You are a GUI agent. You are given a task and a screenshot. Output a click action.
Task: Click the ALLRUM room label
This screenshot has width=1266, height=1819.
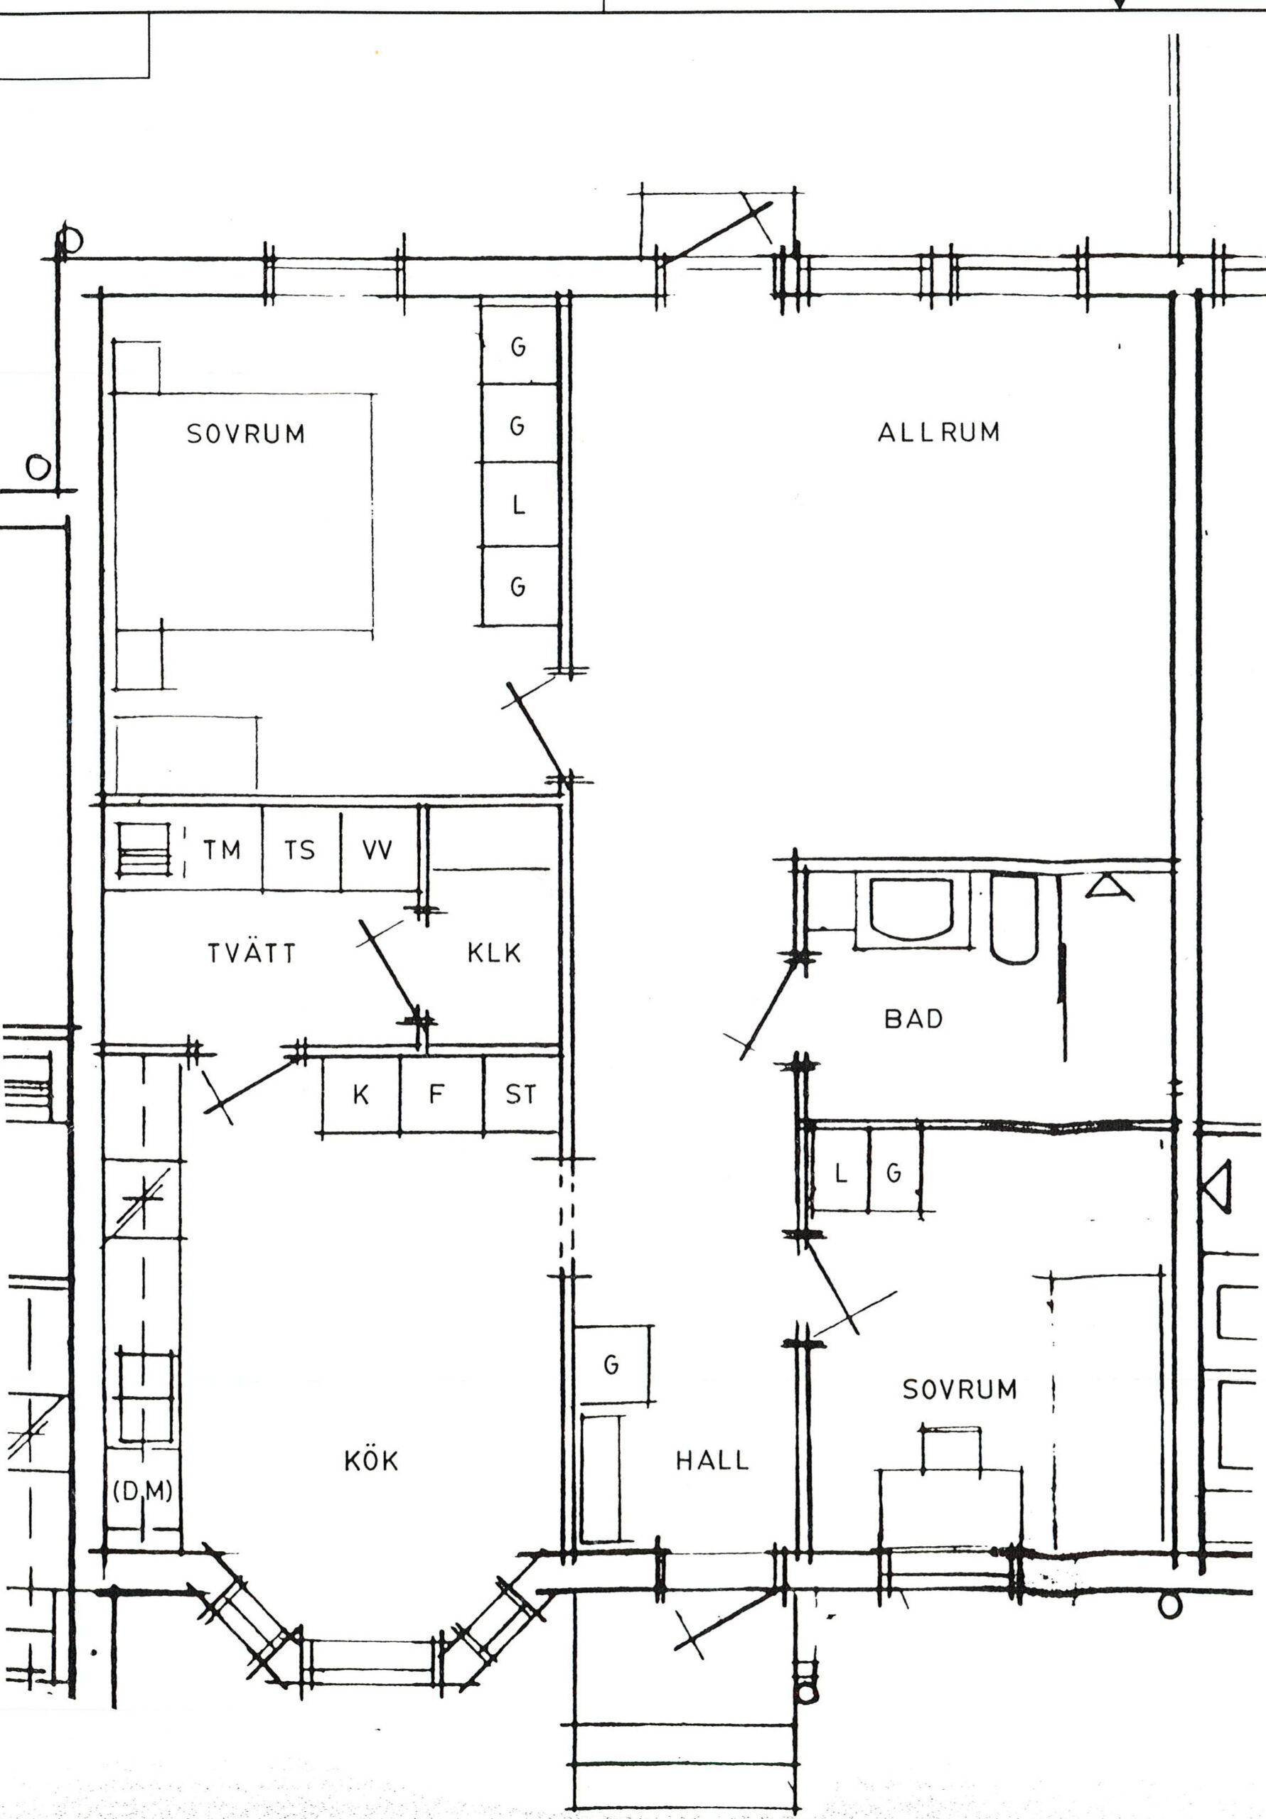pyautogui.click(x=938, y=432)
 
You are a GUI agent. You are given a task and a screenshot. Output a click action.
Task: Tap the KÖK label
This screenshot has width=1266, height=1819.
pyautogui.click(x=371, y=1459)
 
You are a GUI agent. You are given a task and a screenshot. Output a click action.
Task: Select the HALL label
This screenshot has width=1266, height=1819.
pyautogui.click(x=712, y=1460)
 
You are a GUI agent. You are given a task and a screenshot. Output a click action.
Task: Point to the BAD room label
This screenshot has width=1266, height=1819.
pyautogui.click(x=913, y=1019)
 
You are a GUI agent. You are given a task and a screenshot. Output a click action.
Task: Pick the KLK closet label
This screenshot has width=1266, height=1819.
pyautogui.click(x=494, y=952)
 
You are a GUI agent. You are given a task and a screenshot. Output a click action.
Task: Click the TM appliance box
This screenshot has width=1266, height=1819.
pyautogui.click(x=222, y=849)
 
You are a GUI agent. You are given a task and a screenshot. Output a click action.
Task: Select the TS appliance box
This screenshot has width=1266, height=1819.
pyautogui.click(x=301, y=849)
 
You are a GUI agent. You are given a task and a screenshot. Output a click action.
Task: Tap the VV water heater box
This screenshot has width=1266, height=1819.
pyautogui.click(x=379, y=849)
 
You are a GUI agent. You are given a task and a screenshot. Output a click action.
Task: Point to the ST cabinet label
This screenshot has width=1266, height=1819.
pyautogui.click(x=521, y=1095)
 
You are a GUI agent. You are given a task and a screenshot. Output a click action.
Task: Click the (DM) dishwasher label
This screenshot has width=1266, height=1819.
pyautogui.click(x=143, y=1491)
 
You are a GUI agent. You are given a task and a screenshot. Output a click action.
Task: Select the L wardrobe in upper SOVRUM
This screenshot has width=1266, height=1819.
pyautogui.click(x=519, y=504)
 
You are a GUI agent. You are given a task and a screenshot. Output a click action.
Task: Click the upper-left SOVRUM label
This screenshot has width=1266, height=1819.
pyautogui.click(x=246, y=434)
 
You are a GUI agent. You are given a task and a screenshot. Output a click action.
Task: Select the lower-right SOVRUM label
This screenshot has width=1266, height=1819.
pyautogui.click(x=959, y=1390)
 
